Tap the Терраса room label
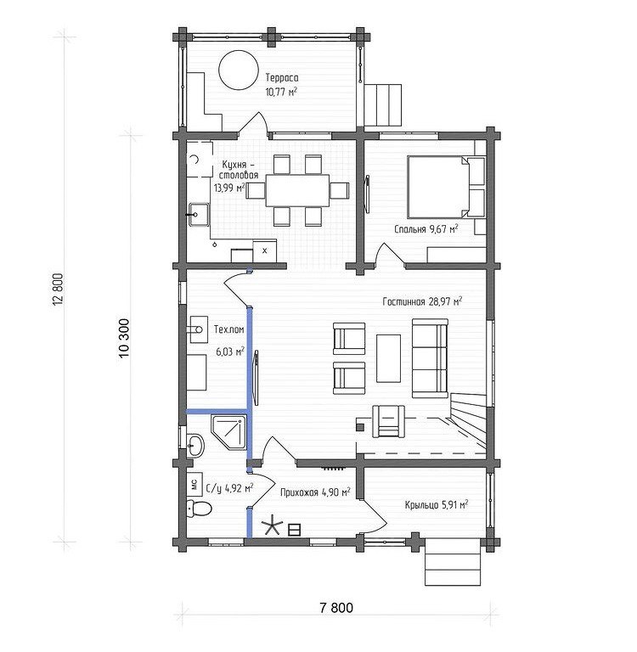282,78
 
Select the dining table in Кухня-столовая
297,190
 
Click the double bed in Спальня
440,187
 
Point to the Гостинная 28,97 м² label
422,301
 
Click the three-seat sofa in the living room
431,358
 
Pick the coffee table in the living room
389,358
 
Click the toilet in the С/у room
199,509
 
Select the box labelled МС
194,484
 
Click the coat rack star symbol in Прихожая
272,526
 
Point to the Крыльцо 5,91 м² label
437,505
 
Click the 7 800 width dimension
336,608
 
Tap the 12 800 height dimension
59,289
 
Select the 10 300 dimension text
124,339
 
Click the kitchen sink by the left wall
199,215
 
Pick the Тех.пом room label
228,329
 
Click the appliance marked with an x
265,250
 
